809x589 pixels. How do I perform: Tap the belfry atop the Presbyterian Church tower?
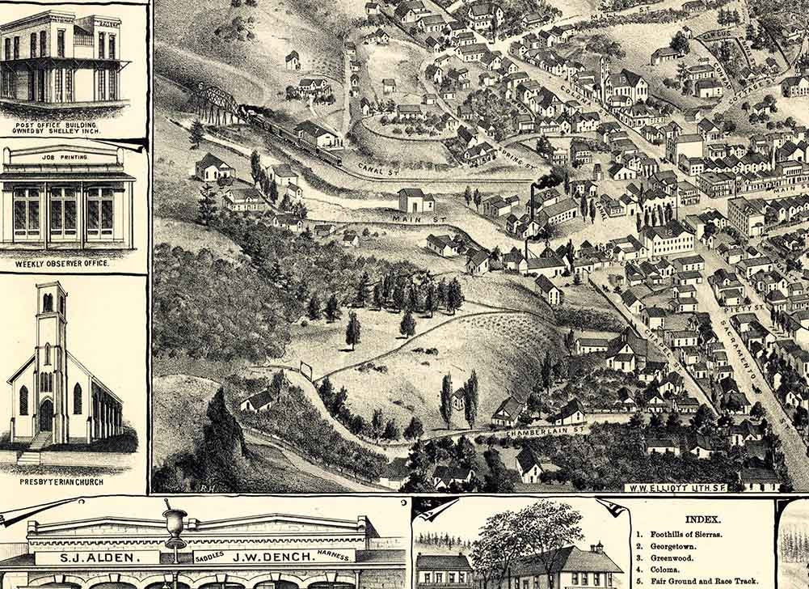(x=51, y=300)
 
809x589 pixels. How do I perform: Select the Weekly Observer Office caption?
(x=62, y=264)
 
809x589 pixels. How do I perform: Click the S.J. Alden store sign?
(x=98, y=557)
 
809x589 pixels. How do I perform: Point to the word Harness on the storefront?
(x=334, y=556)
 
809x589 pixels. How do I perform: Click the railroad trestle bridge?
(x=217, y=103)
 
